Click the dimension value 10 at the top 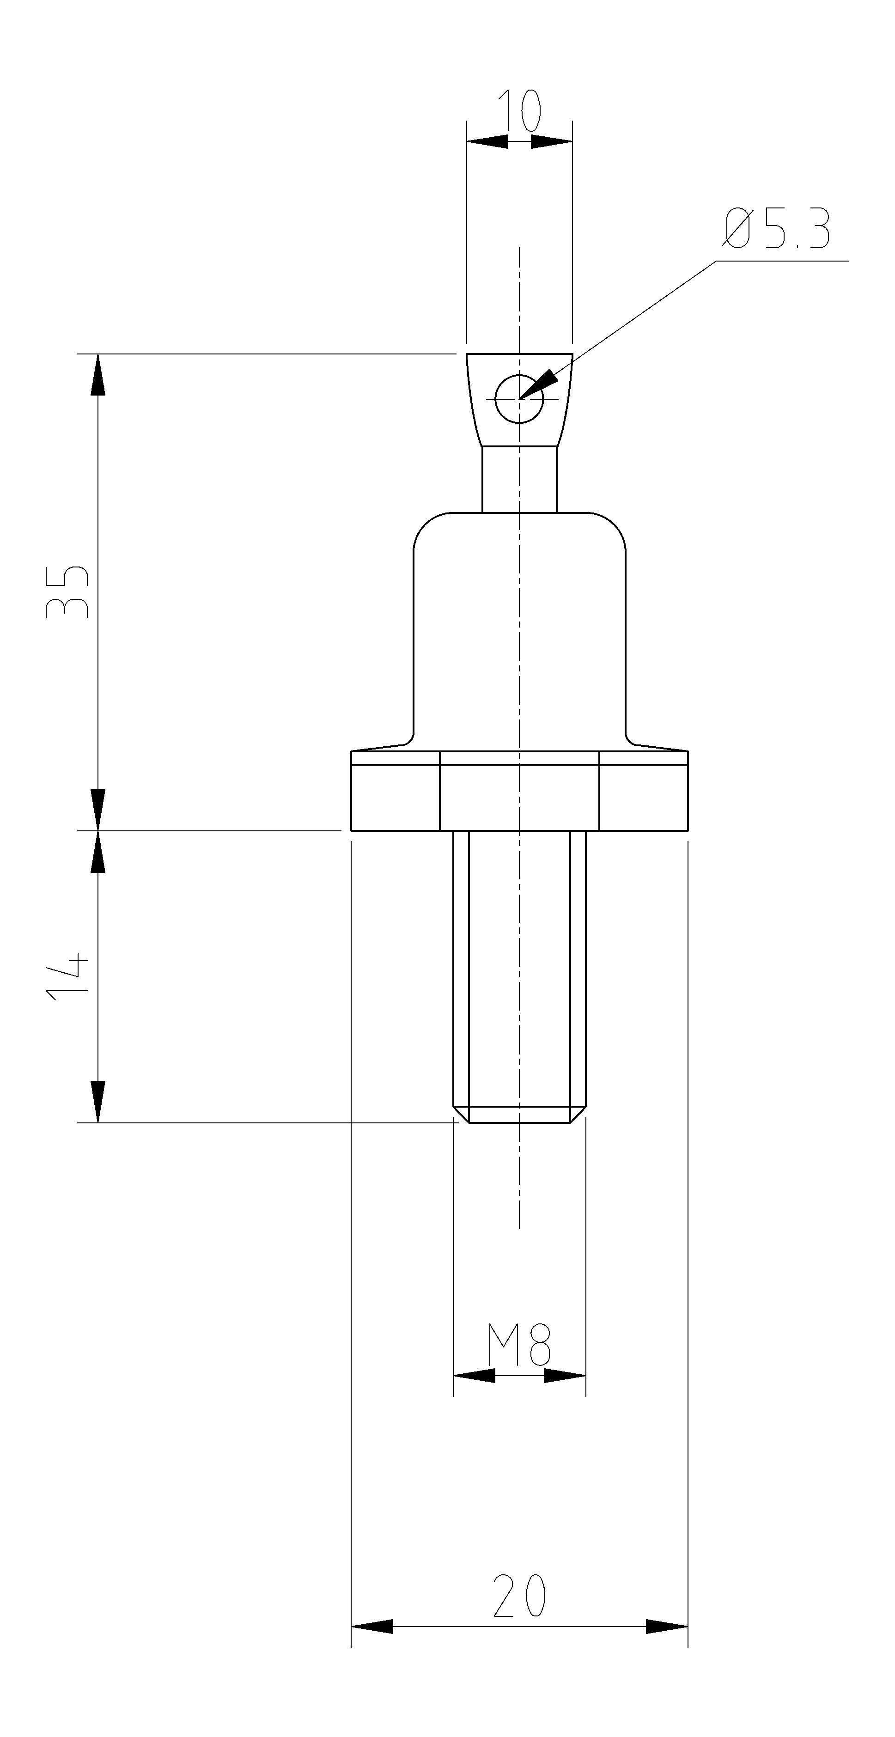coord(519,110)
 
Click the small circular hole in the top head coord(518,398)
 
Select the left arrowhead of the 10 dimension coord(487,141)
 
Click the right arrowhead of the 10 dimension coord(552,141)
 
